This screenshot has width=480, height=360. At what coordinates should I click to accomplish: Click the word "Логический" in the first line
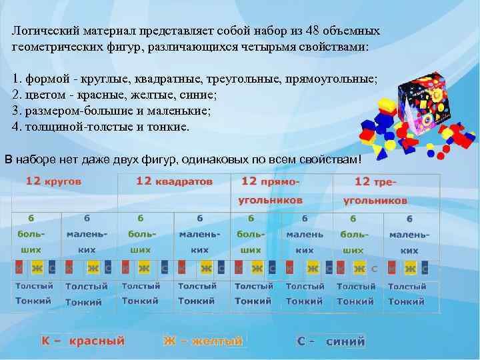[45, 31]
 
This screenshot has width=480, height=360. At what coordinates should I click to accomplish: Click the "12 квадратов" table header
[174, 181]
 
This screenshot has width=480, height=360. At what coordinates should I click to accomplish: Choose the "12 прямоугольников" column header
[270, 191]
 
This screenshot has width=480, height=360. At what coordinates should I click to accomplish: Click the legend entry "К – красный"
[83, 341]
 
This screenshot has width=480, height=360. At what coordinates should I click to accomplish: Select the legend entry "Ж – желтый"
[203, 341]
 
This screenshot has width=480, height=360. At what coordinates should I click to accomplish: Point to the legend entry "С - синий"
[331, 341]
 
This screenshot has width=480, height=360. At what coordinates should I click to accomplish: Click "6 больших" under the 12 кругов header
[31, 234]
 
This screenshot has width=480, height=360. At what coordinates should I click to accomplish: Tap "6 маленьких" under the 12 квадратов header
[199, 234]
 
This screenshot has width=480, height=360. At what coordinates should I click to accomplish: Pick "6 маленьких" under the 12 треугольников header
[409, 235]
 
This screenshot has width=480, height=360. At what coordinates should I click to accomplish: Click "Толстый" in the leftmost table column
[34, 286]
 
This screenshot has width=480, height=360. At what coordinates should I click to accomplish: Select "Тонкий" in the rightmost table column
[407, 301]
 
